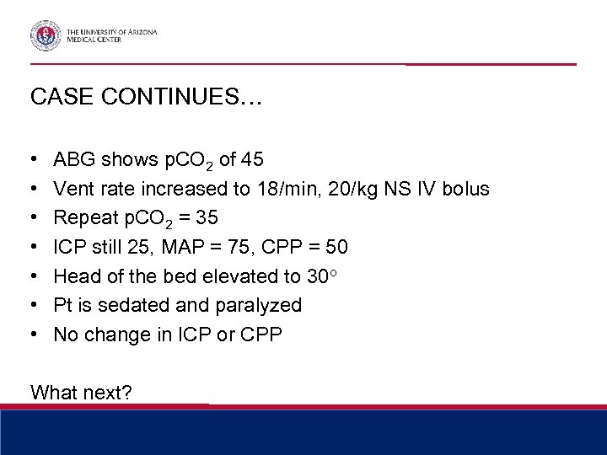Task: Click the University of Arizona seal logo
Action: [x=46, y=35]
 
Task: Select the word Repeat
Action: [x=83, y=217]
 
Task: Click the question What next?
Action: [x=81, y=392]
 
